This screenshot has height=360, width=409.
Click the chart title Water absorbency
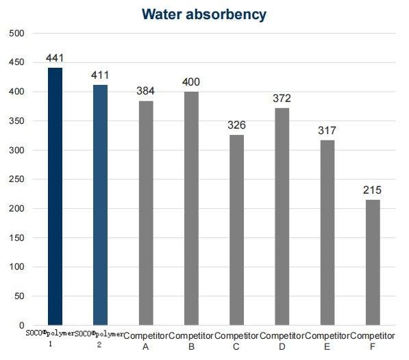[204, 14]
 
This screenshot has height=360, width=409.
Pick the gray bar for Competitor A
[146, 213]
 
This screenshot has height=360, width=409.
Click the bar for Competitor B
[191, 208]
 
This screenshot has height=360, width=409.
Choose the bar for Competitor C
[236, 230]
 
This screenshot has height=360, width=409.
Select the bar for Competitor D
[282, 216]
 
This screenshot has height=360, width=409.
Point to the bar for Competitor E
[327, 233]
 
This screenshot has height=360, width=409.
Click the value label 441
[55, 58]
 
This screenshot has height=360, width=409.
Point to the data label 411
[100, 75]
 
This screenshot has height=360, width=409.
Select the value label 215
[373, 190]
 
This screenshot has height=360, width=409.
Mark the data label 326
[236, 125]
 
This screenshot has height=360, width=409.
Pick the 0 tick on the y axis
[21, 325]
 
